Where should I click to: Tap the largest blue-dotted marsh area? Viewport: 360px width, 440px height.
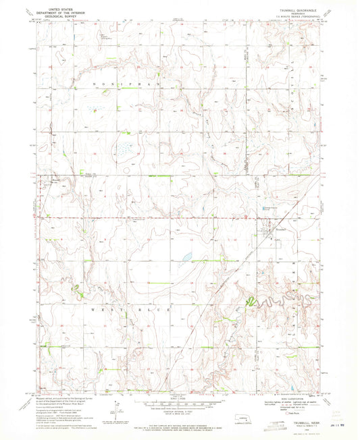point(125,146)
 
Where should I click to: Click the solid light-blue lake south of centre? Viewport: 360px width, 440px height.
point(184,257)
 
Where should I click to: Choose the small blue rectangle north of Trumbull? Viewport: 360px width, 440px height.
point(265,212)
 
